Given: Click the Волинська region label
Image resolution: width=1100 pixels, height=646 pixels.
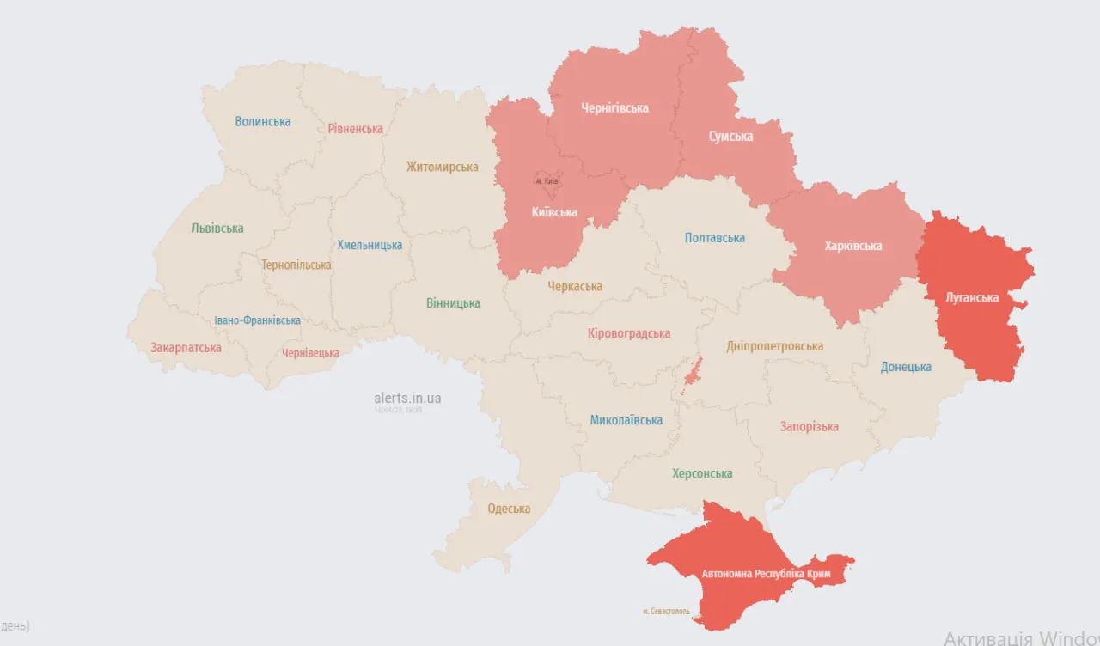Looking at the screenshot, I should pos(263,122).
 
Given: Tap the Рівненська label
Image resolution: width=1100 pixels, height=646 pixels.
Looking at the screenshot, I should pos(355,129).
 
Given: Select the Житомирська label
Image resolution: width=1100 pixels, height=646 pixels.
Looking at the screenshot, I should pos(442,167).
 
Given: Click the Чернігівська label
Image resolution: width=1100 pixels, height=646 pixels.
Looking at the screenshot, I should pos(614,108).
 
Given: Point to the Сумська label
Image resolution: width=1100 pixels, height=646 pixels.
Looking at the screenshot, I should pos(730,137).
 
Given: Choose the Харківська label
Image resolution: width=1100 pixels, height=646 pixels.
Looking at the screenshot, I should pos(852,246).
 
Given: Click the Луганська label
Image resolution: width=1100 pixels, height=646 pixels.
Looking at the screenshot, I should pos(972,298).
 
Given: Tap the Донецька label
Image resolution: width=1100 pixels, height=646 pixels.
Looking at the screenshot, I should pos(906,367).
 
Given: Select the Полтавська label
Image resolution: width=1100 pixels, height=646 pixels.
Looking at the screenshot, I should pos(714,238).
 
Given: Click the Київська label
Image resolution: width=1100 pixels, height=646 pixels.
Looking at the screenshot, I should pos(554,212).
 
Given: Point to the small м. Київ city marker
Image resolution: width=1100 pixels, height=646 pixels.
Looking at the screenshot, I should pos(547,181).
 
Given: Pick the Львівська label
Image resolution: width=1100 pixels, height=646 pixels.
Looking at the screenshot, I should pos(217,229).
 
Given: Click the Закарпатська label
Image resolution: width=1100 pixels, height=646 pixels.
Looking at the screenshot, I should pos(186,348).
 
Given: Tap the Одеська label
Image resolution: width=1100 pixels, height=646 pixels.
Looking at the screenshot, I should pos(509,509).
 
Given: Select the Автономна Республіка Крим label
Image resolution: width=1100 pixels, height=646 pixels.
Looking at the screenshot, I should pos(766,573).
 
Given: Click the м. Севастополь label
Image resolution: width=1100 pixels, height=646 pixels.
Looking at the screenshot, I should pos(666,612).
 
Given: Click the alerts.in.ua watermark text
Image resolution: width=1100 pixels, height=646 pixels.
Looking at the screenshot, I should pos(407,398).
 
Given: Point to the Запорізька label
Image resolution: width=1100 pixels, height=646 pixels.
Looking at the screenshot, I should pos(809,427).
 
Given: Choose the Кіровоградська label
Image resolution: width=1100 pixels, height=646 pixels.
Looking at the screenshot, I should pos(629,333).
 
